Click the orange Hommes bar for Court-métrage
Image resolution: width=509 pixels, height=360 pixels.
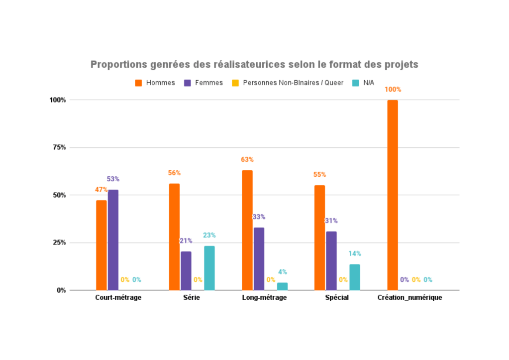pos(102,245)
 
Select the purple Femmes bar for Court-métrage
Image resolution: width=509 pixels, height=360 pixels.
pos(113,240)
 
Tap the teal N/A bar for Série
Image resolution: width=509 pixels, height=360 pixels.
pos(209,268)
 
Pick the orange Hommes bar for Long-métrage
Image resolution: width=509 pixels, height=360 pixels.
pos(247,230)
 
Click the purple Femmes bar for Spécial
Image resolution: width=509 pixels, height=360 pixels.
pos(331,260)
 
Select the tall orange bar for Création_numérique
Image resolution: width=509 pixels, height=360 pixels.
pos(393,195)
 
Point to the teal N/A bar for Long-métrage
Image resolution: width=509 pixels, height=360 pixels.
pos(282,286)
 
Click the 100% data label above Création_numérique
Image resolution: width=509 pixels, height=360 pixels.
pos(393,90)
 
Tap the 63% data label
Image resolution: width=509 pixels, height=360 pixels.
pos(247,160)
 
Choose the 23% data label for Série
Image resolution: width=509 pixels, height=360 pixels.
pos(209,235)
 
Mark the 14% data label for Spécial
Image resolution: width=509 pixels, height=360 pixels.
pos(354,253)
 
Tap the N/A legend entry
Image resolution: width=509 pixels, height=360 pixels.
pos(368,83)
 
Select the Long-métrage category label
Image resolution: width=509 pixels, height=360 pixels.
pos(264,298)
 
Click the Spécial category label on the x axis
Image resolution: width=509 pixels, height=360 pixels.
pos(337,298)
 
